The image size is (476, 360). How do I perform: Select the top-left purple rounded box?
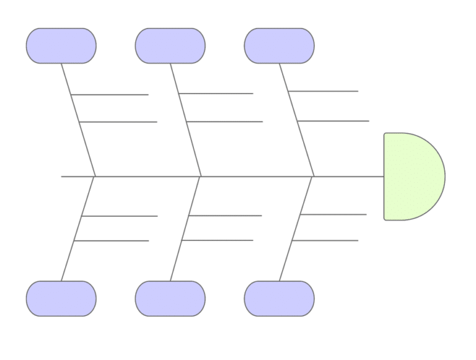(x=61, y=45)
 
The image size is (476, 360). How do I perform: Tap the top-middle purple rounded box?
(x=170, y=45)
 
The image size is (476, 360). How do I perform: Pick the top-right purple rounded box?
(x=279, y=45)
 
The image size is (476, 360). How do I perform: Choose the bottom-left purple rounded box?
(x=61, y=298)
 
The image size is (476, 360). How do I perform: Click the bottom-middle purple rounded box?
(x=170, y=298)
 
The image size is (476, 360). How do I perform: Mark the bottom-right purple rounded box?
(x=279, y=298)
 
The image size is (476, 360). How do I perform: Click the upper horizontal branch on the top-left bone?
(x=112, y=95)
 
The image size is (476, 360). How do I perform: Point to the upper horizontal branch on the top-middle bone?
(x=217, y=94)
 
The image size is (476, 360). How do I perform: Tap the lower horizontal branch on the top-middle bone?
(x=225, y=122)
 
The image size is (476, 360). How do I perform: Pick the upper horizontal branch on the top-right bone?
(x=324, y=92)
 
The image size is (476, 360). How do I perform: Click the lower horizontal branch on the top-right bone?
(x=333, y=120)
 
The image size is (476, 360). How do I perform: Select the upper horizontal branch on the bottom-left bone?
(x=120, y=216)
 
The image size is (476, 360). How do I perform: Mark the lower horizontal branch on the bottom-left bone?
(x=112, y=240)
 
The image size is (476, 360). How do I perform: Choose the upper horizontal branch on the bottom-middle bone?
(x=226, y=216)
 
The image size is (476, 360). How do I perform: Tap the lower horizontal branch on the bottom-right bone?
(x=325, y=240)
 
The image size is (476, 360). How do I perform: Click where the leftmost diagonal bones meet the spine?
(x=94, y=177)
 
